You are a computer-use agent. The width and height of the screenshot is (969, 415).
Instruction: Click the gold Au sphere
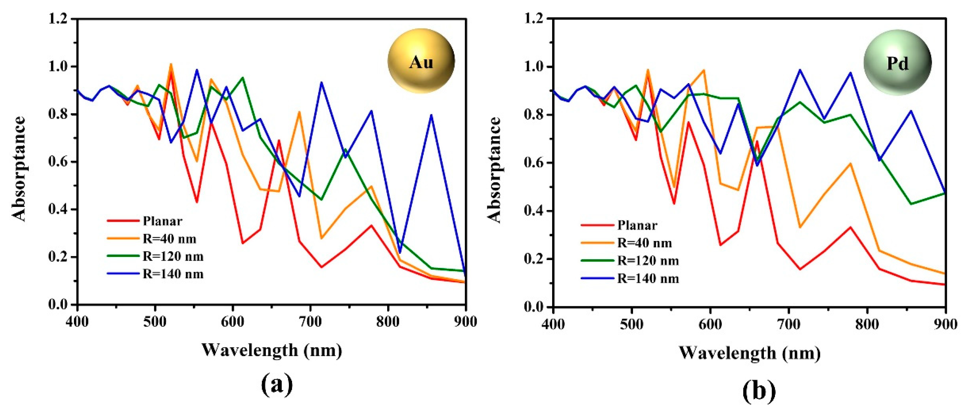point(421,61)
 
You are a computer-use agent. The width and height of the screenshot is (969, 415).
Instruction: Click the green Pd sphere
point(897,63)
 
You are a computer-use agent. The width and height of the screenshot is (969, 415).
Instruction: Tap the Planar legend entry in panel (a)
point(162,221)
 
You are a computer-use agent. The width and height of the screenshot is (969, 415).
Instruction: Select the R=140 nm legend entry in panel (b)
point(648,279)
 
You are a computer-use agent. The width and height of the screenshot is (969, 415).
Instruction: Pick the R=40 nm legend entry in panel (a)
point(169,239)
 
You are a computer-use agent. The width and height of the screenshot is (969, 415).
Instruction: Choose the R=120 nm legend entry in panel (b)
point(648,261)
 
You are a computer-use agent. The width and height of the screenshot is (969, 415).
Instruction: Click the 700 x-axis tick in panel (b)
point(789,324)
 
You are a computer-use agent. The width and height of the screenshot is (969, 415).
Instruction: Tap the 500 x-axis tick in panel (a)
point(155,322)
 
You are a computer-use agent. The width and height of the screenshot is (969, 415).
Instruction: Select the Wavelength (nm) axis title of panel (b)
point(749,353)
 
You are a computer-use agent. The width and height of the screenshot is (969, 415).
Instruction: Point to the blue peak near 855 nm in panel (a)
point(431,115)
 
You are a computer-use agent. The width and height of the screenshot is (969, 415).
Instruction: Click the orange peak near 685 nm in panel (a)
point(299,112)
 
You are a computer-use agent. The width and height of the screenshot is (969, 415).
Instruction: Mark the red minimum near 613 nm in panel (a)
point(243,243)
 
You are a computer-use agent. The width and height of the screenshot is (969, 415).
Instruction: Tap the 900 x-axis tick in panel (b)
point(945,324)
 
